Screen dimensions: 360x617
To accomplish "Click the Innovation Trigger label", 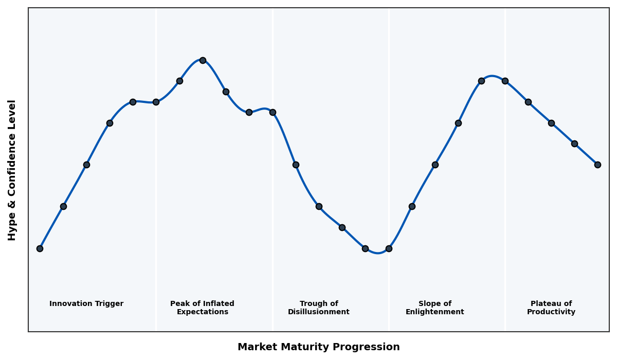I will point(86,304).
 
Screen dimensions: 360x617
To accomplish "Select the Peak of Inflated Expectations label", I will point(202,308).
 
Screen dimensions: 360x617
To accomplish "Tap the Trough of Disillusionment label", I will point(319,308).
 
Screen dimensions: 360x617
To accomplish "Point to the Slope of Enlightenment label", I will point(435,308).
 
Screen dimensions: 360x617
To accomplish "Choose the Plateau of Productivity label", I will point(551,308).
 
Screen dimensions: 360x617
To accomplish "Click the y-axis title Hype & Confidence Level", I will point(12,170).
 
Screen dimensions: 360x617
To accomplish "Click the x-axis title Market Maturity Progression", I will point(319,347).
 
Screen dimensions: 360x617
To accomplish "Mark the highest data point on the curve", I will point(203,60).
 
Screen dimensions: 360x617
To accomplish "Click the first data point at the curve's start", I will point(40,248).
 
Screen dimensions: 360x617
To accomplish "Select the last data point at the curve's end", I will point(597,165).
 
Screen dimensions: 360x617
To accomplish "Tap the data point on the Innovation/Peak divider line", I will point(156,102).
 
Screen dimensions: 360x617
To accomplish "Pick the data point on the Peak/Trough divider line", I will point(273,112).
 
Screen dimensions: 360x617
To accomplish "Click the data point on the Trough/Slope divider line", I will point(389,248).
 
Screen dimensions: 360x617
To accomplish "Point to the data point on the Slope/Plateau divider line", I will point(505,81).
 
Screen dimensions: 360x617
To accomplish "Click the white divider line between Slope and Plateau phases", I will point(505,206).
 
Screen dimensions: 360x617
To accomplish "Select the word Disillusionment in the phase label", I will point(319,312).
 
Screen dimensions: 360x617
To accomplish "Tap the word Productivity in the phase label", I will point(551,312).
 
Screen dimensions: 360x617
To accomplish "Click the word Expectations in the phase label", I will point(202,312).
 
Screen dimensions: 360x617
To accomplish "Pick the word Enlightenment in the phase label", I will point(435,312).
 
